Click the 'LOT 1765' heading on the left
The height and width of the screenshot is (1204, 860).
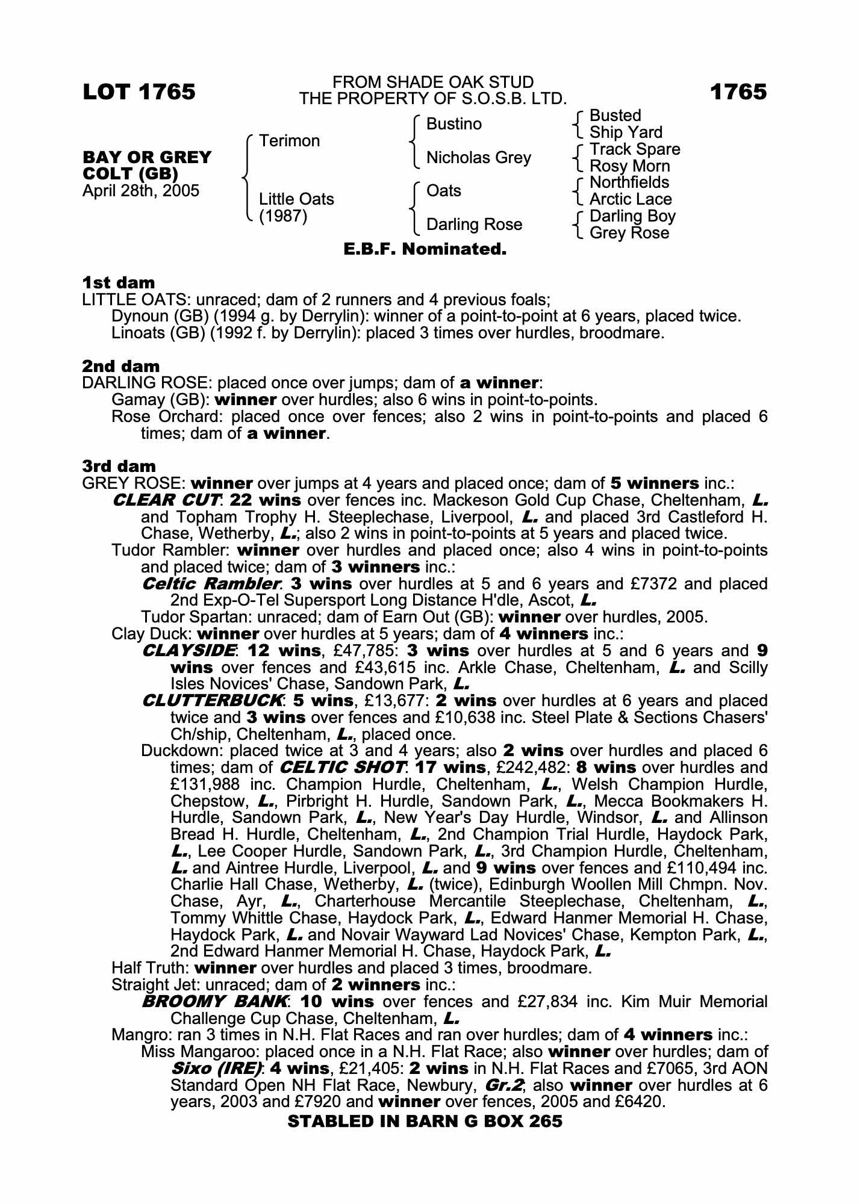[139, 92]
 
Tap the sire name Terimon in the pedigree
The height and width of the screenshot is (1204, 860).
[289, 141]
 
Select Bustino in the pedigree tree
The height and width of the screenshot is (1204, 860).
[453, 124]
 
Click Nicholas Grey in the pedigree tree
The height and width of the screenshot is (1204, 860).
[478, 158]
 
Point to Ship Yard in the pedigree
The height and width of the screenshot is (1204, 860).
[625, 132]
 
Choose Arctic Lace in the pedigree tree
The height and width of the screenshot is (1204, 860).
[630, 199]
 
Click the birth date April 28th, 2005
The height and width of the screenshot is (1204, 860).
[140, 191]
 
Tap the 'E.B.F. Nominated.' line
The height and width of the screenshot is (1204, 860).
[425, 249]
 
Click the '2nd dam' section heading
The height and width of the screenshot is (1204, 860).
[120, 366]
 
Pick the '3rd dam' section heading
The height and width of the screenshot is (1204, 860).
[119, 466]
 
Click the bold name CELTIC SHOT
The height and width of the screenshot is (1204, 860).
[341, 768]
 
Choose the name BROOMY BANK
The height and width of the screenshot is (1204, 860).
[214, 1002]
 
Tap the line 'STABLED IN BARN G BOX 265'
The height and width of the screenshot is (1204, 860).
[425, 1121]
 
